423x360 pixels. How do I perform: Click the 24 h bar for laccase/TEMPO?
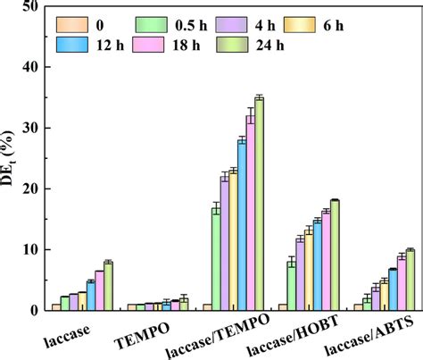point(259,204)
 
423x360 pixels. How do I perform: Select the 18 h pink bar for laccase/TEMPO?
point(251,213)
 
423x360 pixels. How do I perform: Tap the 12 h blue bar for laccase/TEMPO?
point(242,225)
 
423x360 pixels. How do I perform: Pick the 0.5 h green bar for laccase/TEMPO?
point(216,259)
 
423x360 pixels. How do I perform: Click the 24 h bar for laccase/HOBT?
point(335,255)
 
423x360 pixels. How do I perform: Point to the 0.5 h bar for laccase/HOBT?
point(292,286)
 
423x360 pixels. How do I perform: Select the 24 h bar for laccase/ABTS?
point(411,280)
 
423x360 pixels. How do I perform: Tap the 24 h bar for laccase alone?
point(108,286)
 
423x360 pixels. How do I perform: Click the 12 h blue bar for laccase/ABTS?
point(393,290)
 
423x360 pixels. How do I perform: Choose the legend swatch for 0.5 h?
point(152,25)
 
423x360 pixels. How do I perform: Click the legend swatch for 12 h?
point(72,45)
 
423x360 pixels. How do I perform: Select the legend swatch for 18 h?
point(148,45)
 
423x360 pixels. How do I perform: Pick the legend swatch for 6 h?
point(300,25)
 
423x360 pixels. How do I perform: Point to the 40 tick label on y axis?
point(30,67)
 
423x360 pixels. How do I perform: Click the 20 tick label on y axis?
point(30,189)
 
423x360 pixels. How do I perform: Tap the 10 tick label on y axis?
point(30,250)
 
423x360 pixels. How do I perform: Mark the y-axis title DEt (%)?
point(7,158)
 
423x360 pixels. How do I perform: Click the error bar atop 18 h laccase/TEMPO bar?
point(251,115)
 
